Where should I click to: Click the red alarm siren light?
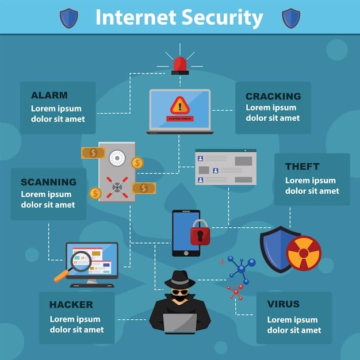click(x=179, y=64)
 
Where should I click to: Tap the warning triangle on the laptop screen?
click(x=179, y=105)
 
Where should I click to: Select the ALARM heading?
click(x=49, y=95)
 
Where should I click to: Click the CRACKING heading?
click(x=273, y=97)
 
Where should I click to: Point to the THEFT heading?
click(x=302, y=167)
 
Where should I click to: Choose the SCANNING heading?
click(x=48, y=182)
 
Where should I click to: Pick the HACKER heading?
click(x=71, y=305)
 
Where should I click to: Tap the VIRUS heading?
click(x=283, y=304)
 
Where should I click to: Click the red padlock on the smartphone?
click(x=200, y=232)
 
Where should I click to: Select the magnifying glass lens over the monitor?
click(x=81, y=261)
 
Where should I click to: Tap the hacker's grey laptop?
click(x=179, y=323)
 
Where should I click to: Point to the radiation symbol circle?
click(x=303, y=252)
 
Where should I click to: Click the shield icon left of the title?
click(x=68, y=18)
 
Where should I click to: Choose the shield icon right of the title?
click(x=290, y=18)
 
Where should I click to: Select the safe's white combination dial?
click(x=117, y=158)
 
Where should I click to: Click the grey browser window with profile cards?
click(x=225, y=167)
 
